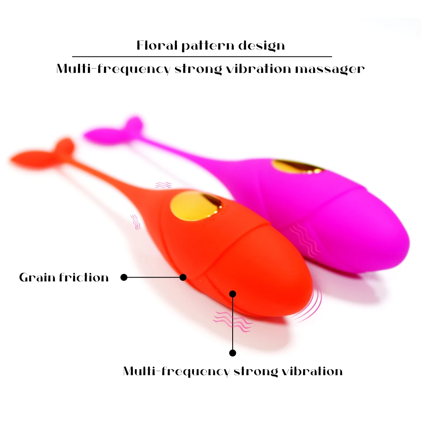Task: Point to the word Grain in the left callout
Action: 37,277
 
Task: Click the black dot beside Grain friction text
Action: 124,277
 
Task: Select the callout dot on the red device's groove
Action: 183,277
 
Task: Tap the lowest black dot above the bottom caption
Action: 233,353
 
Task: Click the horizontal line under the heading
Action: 202,56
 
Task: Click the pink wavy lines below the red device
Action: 231,321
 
